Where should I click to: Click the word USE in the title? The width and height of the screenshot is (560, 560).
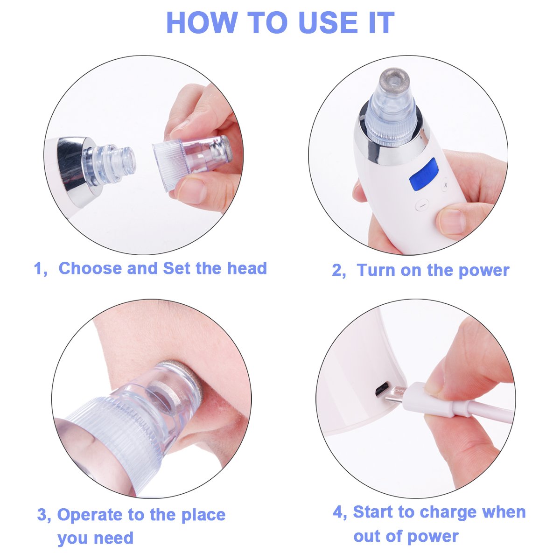(x=328, y=23)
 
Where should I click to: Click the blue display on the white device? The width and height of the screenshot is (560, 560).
(x=424, y=174)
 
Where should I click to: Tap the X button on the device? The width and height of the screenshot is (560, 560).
(x=445, y=185)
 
